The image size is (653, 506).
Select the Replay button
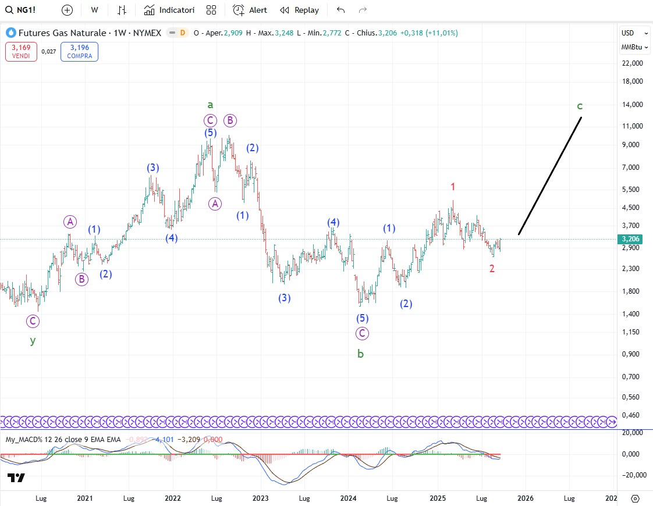click(299, 10)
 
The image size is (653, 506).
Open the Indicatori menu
click(169, 10)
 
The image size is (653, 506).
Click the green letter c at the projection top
click(580, 106)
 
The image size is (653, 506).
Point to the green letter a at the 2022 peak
click(211, 105)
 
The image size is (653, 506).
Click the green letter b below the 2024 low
click(360, 353)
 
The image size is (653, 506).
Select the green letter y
click(33, 341)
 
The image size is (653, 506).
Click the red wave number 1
click(453, 187)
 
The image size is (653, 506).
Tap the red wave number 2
click(492, 268)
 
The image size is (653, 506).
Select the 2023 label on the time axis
click(260, 498)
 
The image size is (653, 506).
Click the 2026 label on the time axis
click(526, 498)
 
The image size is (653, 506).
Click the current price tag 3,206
click(631, 239)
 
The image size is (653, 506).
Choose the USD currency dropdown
click(634, 33)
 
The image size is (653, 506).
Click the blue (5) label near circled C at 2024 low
click(363, 318)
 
